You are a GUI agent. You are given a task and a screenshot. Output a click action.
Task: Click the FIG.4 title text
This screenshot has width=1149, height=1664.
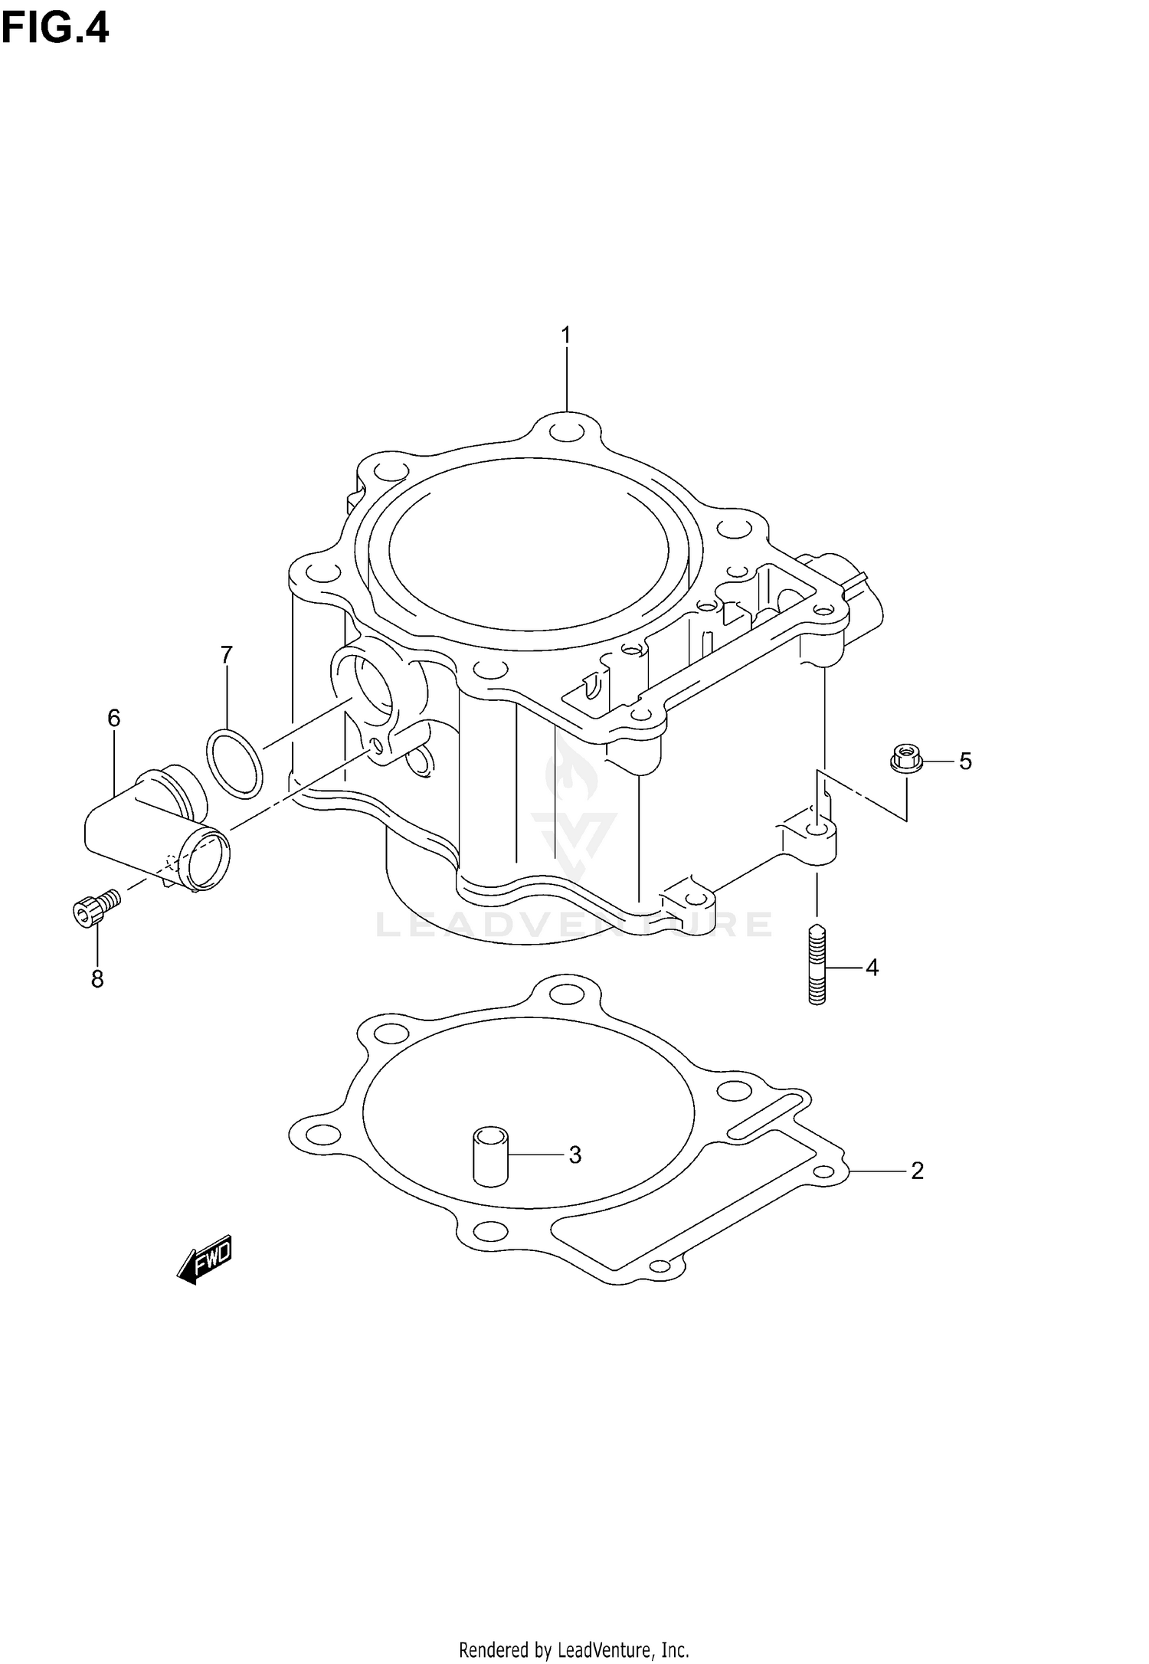pyautogui.click(x=55, y=28)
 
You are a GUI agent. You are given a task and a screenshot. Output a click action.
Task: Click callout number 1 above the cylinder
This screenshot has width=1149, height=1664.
pyautogui.click(x=566, y=336)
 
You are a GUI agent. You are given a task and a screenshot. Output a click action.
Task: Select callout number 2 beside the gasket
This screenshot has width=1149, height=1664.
pyautogui.click(x=917, y=1171)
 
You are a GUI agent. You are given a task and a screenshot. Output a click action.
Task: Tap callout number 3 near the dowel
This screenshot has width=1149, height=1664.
pyautogui.click(x=575, y=1155)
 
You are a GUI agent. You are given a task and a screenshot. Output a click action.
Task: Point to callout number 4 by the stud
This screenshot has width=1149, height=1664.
pyautogui.click(x=872, y=968)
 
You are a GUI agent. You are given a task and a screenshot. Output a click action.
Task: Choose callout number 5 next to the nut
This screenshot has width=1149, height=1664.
pyautogui.click(x=965, y=762)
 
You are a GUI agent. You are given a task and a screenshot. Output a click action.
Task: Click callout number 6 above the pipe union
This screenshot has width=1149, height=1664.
pyautogui.click(x=113, y=718)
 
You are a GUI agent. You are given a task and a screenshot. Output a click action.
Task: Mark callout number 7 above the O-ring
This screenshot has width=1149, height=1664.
pyautogui.click(x=226, y=655)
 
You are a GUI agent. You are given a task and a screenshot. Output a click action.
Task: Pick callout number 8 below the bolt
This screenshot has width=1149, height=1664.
pyautogui.click(x=97, y=979)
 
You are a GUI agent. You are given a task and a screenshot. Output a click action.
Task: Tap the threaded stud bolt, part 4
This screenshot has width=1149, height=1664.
pyautogui.click(x=817, y=965)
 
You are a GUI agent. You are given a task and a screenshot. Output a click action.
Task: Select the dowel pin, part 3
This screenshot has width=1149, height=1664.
pyautogui.click(x=490, y=1156)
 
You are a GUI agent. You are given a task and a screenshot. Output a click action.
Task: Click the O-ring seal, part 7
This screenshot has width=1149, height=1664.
pyautogui.click(x=234, y=764)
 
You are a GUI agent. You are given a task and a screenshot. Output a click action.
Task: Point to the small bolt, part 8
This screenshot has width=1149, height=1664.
pyautogui.click(x=95, y=906)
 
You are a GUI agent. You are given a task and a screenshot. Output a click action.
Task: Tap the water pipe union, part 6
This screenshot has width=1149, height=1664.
pyautogui.click(x=153, y=831)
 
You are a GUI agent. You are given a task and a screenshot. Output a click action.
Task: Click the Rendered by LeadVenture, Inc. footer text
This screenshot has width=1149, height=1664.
pyautogui.click(x=574, y=1647)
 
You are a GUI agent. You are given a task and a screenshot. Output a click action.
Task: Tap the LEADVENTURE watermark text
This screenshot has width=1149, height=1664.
pyautogui.click(x=573, y=925)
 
